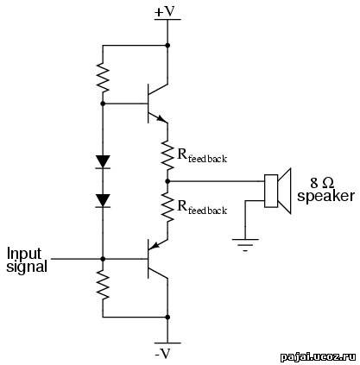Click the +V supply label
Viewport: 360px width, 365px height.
click(165, 12)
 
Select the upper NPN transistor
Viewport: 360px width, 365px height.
click(157, 104)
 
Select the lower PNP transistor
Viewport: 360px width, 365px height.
click(157, 259)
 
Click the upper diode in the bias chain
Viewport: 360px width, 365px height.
click(103, 161)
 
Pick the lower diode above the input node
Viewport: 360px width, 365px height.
click(103, 200)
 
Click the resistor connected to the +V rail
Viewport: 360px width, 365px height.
click(103, 78)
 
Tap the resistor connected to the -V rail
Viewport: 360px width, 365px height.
click(103, 285)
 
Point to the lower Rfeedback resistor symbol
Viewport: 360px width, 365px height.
click(167, 207)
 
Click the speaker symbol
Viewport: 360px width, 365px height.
click(278, 191)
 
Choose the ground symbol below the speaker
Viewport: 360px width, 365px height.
click(245, 245)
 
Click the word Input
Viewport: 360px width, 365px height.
click(24, 255)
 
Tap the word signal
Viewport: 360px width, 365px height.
click(27, 267)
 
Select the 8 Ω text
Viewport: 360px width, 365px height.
click(322, 183)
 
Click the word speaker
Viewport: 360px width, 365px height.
click(325, 196)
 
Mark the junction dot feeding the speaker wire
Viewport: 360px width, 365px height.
click(167, 181)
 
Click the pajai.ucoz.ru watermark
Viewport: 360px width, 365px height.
click(318, 357)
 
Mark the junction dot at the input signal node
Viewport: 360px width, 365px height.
click(103, 259)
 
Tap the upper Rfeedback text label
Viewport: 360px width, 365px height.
click(202, 156)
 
